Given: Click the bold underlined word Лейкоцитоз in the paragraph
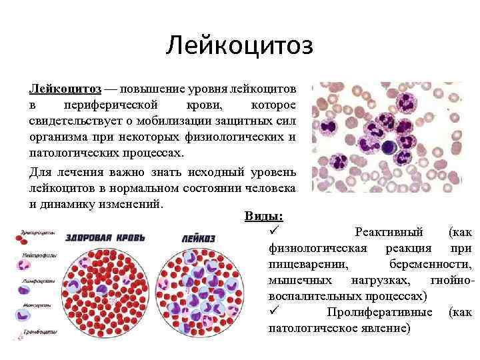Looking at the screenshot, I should [x=65, y=89].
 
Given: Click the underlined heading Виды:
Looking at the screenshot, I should [x=263, y=217].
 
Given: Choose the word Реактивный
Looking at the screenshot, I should [x=389, y=232].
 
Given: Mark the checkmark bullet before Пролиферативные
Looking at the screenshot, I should [x=272, y=311].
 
